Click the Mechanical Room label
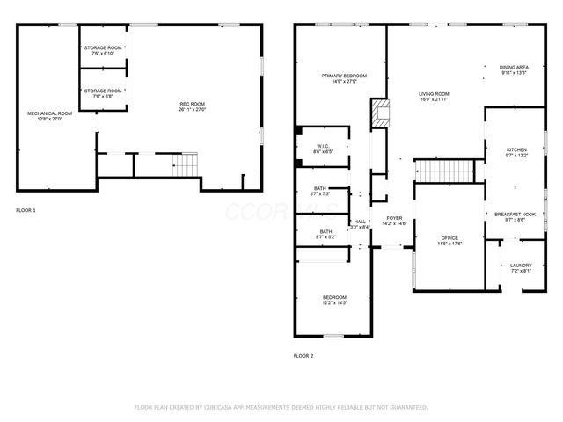tap(49, 115)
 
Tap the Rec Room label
tap(192, 106)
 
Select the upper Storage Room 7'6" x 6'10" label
tap(103, 51)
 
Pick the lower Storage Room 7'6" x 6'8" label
tap(103, 93)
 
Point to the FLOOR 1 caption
tap(26, 211)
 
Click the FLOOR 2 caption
tap(303, 356)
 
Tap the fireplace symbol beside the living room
tap(378, 112)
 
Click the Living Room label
tap(434, 96)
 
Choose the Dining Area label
tap(514, 69)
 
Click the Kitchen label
tap(516, 153)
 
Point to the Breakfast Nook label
tap(515, 216)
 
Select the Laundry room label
tap(520, 268)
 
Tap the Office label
tap(450, 240)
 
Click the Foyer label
tap(394, 221)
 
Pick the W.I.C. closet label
tap(323, 149)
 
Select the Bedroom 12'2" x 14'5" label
tap(334, 300)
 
